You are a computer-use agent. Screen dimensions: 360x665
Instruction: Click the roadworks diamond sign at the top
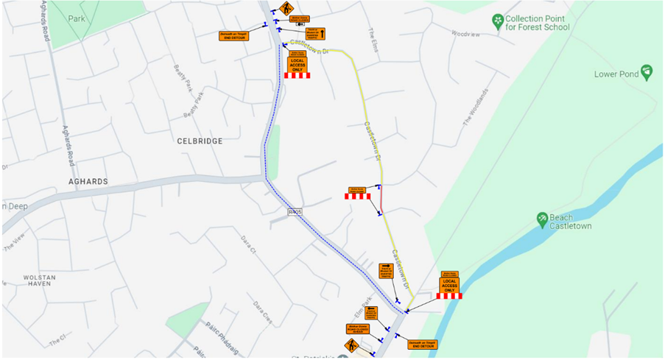285,9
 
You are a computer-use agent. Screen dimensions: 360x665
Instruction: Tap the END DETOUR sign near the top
233,35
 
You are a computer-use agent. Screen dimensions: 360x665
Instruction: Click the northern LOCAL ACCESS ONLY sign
297,63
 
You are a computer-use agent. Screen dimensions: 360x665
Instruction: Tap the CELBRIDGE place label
200,141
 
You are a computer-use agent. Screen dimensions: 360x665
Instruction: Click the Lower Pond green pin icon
647,72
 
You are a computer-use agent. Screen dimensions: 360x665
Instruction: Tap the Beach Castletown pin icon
543,219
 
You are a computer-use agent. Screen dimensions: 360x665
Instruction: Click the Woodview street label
464,35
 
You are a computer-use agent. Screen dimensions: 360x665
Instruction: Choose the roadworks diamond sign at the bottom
351,345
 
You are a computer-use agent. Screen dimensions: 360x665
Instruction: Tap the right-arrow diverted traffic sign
385,271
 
